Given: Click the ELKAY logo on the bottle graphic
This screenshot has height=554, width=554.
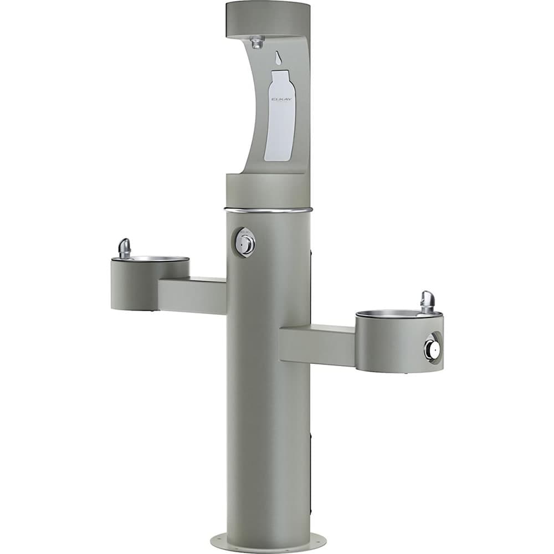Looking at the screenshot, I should (278, 99).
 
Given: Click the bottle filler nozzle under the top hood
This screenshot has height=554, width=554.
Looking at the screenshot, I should (257, 42).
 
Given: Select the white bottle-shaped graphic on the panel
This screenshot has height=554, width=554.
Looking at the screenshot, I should (278, 119).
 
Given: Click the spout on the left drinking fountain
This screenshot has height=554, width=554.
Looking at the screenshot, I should (125, 248).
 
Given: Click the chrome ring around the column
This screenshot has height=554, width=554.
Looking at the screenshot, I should (268, 210).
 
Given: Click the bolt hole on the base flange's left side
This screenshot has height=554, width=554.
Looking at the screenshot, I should (219, 537).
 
